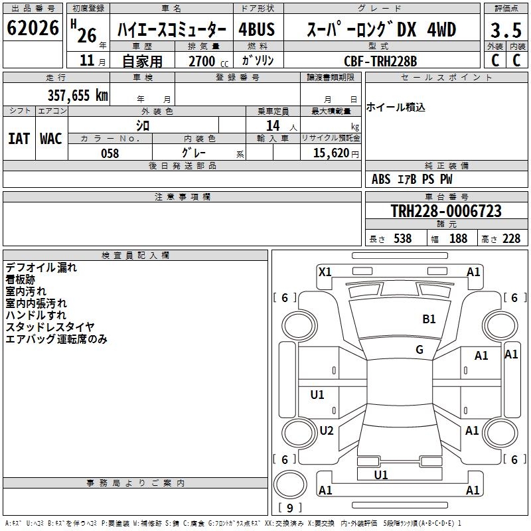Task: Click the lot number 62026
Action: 33,29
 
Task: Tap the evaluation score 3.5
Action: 505,31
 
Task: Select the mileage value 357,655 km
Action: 78,95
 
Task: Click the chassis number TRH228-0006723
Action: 446,212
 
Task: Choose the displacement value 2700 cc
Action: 202,61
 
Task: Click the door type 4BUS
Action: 256,30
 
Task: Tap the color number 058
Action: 110,153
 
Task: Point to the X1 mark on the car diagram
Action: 325,271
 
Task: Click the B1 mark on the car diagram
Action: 429,319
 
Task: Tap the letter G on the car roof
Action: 419,350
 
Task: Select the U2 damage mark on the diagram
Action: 326,431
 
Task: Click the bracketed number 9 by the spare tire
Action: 289,508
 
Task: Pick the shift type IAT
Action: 19,139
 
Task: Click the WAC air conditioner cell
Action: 51,139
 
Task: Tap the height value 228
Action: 511,239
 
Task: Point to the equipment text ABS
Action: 381,179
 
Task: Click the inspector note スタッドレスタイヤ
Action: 50,327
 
